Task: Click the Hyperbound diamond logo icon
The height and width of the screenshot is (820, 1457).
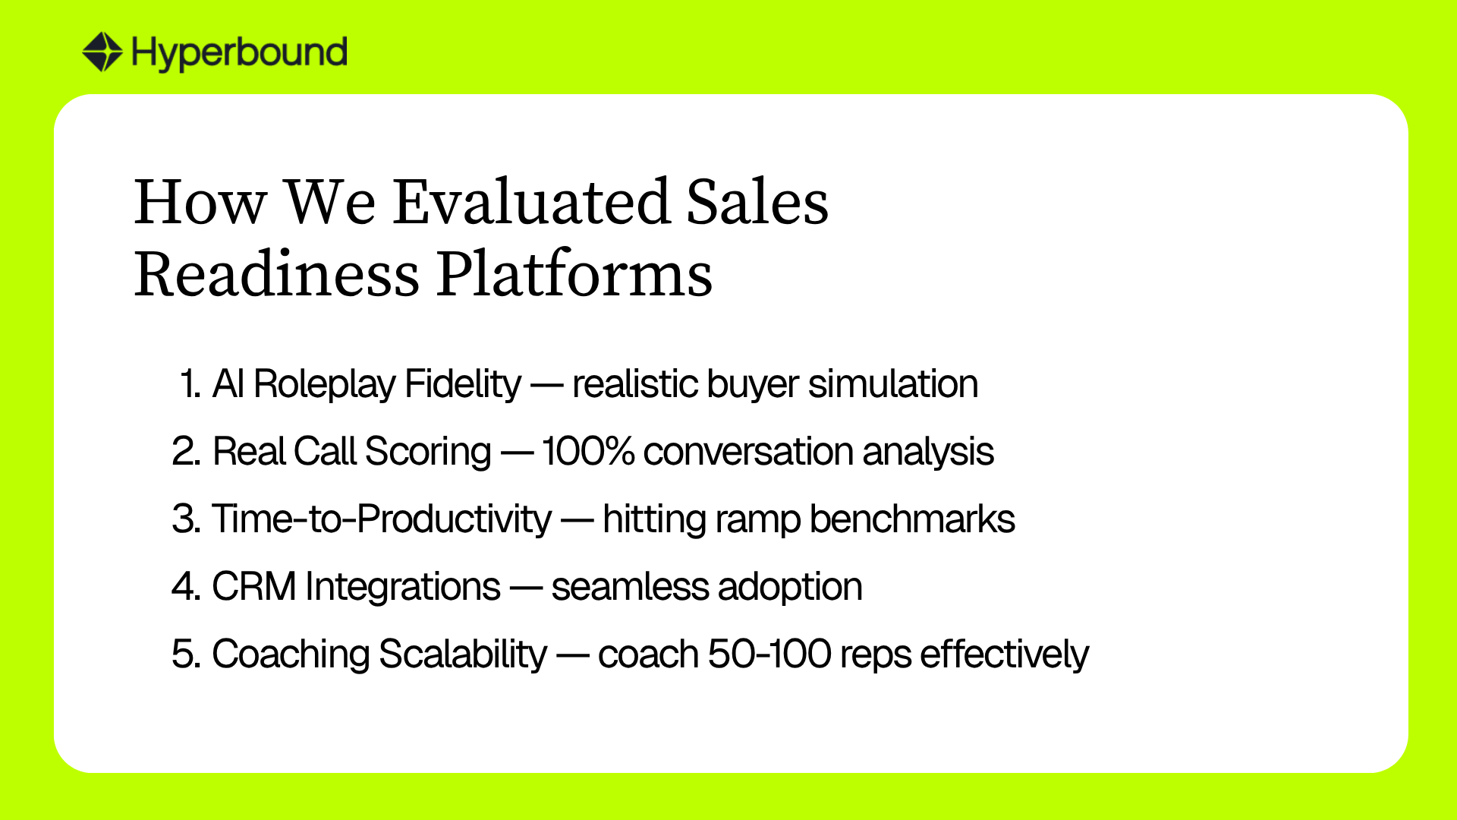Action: [102, 52]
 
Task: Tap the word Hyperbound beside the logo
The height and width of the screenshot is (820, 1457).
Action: [240, 53]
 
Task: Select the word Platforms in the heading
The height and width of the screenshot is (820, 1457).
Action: [574, 274]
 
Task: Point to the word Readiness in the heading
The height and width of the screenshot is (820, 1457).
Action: [277, 274]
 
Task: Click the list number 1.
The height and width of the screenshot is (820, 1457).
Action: [190, 383]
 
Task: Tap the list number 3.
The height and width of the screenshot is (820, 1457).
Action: [187, 519]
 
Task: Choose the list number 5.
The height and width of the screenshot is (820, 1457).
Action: [187, 654]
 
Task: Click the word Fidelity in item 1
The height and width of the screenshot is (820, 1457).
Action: [463, 384]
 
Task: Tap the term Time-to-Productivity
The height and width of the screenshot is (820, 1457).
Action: [382, 520]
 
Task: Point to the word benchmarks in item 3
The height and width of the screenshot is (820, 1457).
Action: [912, 519]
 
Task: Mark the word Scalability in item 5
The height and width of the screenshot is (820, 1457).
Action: [463, 655]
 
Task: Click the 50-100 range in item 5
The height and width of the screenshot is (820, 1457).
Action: [769, 654]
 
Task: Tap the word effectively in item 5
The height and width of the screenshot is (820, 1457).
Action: [1004, 655]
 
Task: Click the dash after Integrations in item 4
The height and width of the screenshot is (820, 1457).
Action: [526, 588]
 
